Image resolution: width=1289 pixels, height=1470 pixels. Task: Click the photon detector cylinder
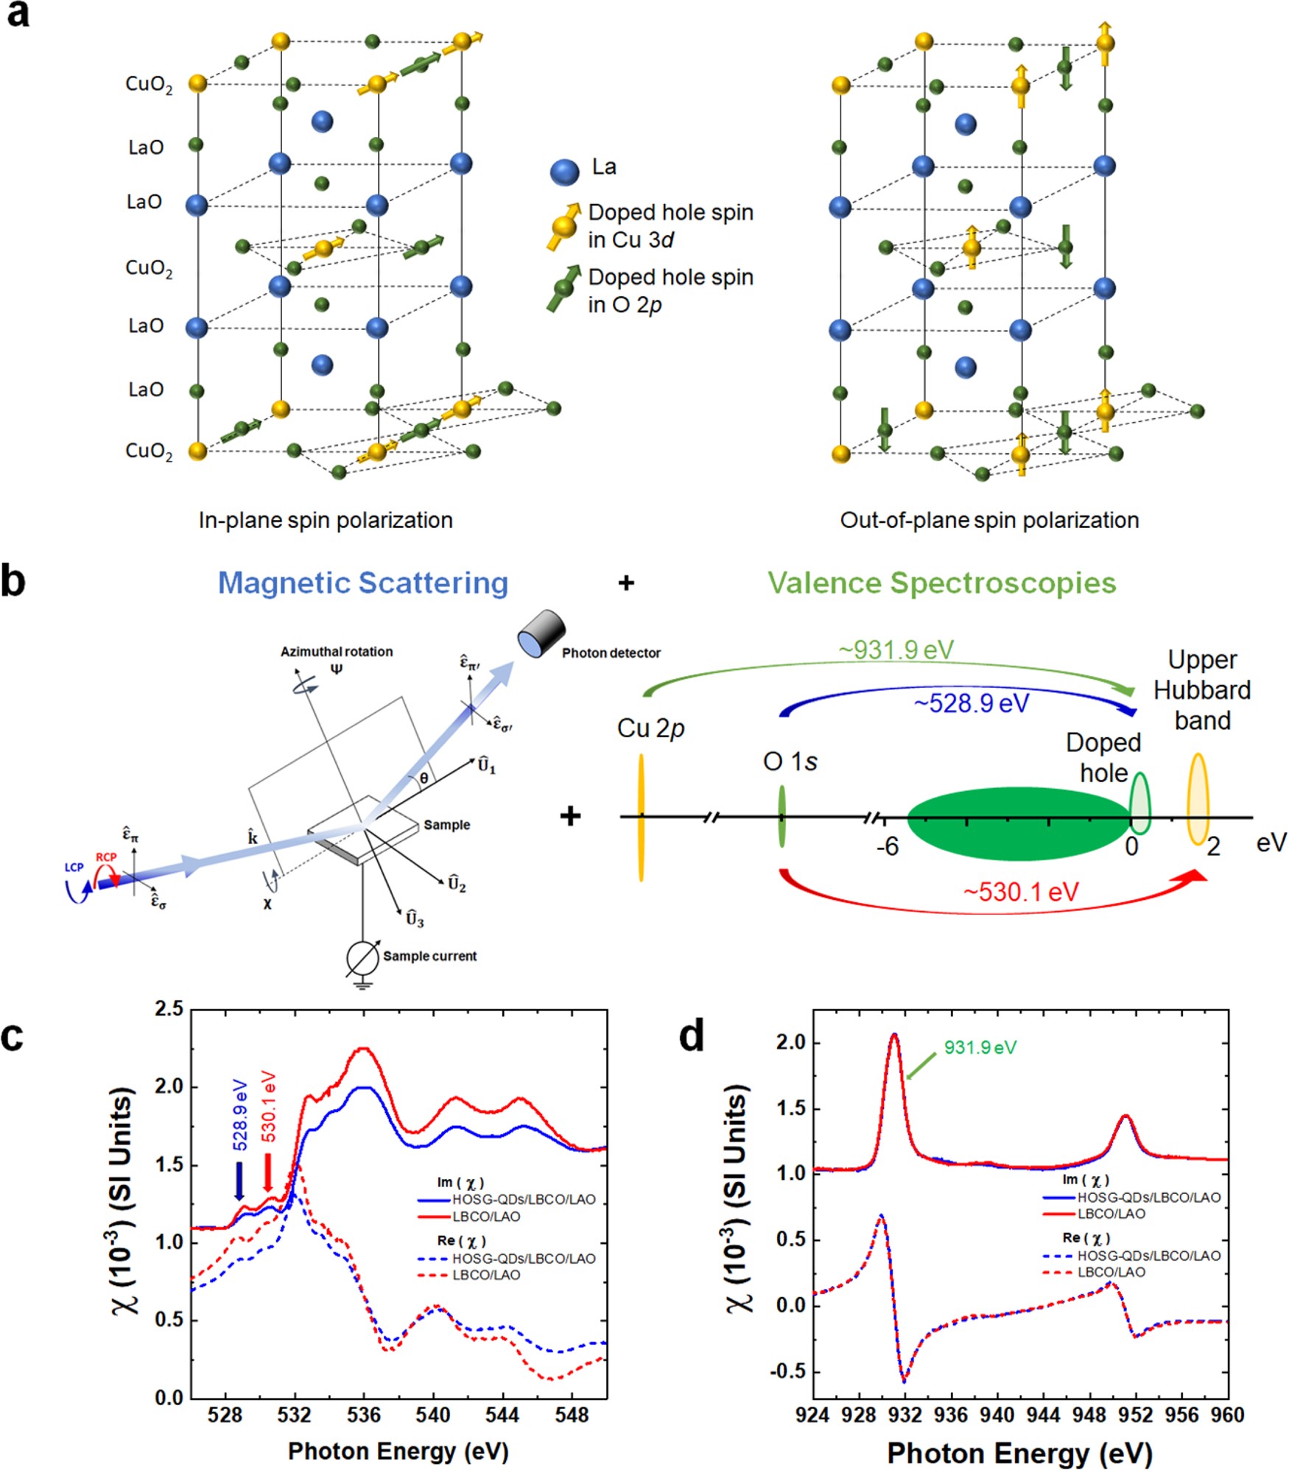click(x=541, y=633)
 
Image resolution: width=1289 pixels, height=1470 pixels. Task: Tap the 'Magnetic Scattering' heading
click(x=363, y=583)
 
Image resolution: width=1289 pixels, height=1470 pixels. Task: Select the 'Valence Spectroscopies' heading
click(x=941, y=583)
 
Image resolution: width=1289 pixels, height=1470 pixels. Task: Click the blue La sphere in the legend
click(x=564, y=172)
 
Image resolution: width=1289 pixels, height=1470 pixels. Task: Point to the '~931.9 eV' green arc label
click(x=896, y=650)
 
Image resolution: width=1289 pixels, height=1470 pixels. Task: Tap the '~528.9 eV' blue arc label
click(x=971, y=703)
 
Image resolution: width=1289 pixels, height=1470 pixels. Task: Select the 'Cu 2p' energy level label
click(x=650, y=728)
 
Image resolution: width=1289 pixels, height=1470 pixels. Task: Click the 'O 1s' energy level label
click(x=790, y=762)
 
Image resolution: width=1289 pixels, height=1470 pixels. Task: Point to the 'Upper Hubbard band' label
click(x=1201, y=690)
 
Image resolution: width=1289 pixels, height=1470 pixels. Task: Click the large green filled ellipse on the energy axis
click(x=1019, y=823)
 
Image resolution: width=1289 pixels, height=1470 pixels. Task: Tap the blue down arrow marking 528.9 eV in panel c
click(x=239, y=1181)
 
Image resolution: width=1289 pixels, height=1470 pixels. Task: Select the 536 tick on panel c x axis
click(x=364, y=1414)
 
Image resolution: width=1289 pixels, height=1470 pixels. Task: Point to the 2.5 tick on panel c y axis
click(x=169, y=1009)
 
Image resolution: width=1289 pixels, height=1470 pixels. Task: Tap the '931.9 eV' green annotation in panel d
click(x=980, y=1047)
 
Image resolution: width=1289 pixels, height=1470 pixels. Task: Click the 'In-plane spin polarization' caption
click(x=326, y=520)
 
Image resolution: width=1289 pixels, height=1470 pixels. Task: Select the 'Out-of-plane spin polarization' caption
click(x=989, y=520)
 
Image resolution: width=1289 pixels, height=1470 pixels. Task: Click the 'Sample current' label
click(x=429, y=956)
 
